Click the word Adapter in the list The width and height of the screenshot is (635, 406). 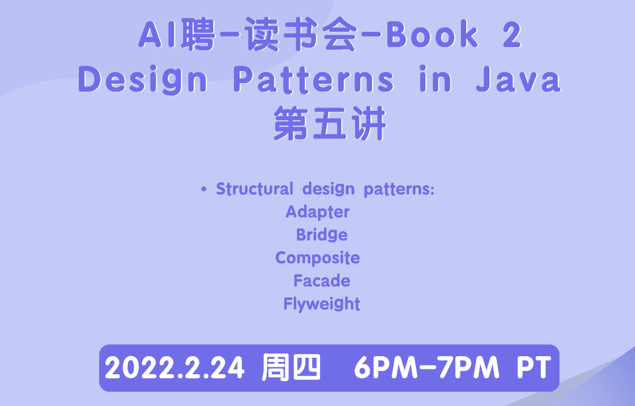coord(317,212)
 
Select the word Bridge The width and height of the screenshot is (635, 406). coord(322,234)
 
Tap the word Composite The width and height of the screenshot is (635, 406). coord(317,258)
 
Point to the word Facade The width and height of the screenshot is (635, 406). coord(322,280)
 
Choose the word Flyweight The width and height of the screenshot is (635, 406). coord(322,304)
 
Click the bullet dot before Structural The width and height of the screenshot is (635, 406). coord(204,189)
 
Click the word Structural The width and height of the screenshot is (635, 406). coord(255,189)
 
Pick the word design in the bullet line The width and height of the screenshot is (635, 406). coord(328,189)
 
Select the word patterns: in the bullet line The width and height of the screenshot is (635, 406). coord(399,189)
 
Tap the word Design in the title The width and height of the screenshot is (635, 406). coord(142,80)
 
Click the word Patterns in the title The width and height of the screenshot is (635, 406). coord(313,79)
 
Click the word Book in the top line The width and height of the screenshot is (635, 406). coord(432,34)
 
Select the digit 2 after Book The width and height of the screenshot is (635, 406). coord(512,36)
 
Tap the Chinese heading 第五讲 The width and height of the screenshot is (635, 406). coord(330,123)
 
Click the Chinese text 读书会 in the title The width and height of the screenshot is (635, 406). coord(301,34)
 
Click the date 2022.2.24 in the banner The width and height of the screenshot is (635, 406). coord(174,368)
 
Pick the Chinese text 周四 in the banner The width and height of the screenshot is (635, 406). coord(291,367)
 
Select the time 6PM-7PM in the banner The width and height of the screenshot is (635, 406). coord(427,368)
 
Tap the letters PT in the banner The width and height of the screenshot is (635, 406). coord(534,368)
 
